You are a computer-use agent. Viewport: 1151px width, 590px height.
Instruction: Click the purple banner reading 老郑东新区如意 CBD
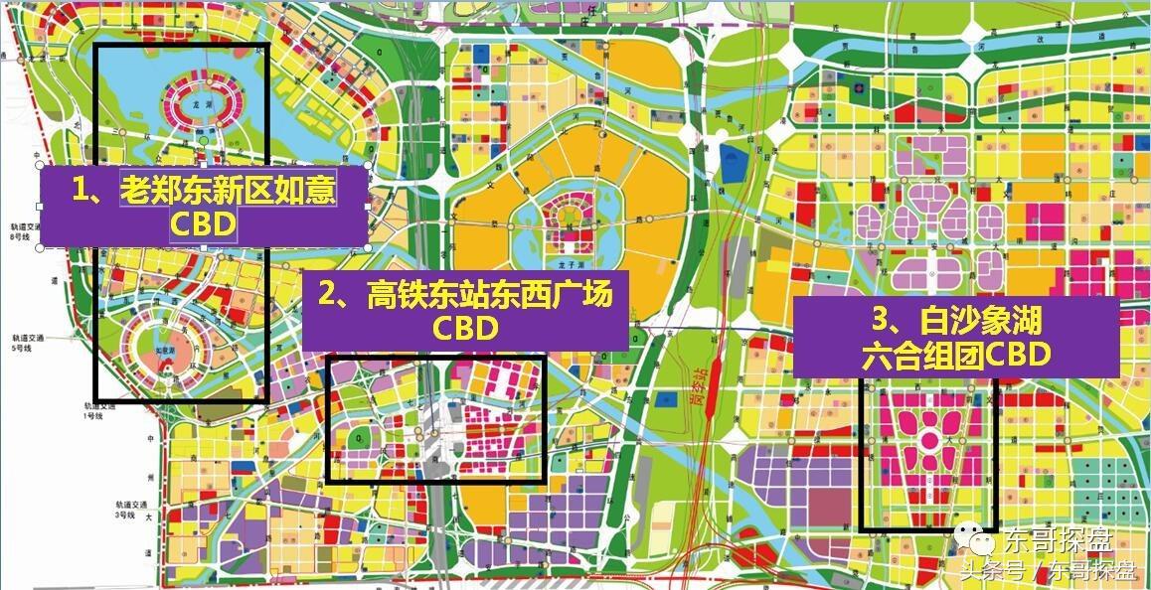204,207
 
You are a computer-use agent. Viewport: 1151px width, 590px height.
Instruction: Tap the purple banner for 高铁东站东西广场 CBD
465,310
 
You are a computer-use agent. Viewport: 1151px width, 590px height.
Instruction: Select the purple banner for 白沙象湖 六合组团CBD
955,338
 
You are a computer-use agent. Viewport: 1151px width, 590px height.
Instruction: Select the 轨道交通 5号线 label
21,342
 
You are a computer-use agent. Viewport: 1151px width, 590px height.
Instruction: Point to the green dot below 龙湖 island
203,143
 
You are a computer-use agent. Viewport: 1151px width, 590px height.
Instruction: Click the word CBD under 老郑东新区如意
203,225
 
